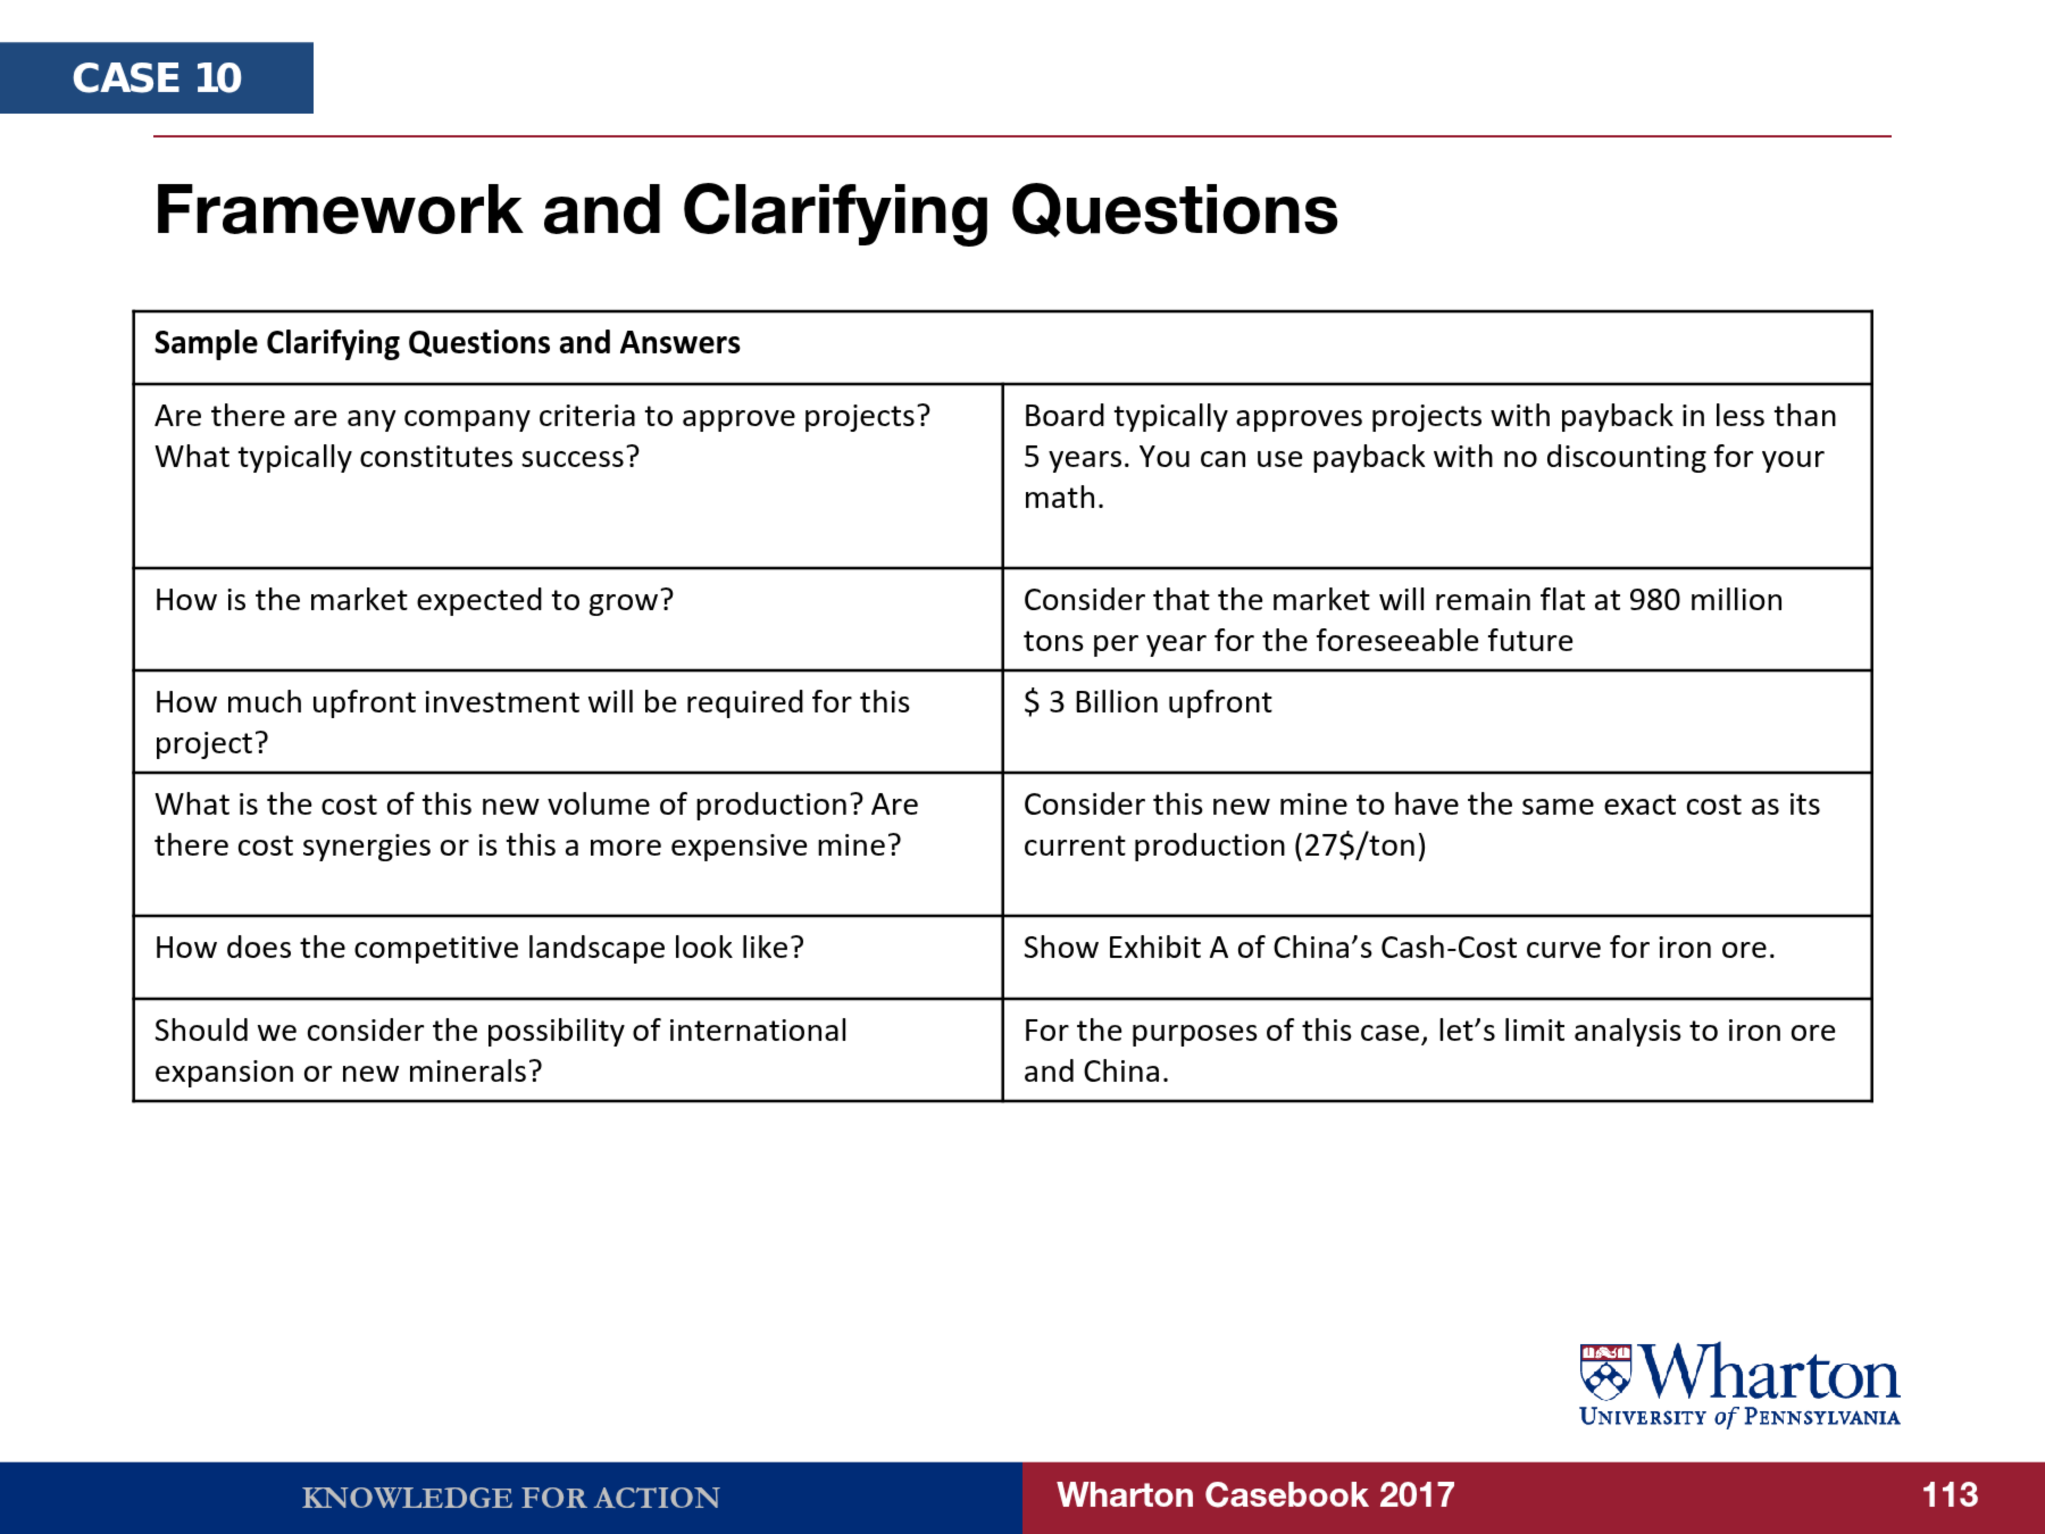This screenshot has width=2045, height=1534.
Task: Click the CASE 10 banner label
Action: coord(157,78)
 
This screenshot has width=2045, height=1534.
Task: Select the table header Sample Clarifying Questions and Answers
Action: coord(446,343)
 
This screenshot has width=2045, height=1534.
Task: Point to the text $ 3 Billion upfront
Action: coord(1147,703)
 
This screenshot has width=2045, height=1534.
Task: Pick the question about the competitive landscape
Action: coord(479,948)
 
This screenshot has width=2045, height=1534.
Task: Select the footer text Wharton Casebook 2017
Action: coord(1255,1495)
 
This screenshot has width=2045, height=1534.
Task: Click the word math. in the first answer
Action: coord(1064,498)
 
